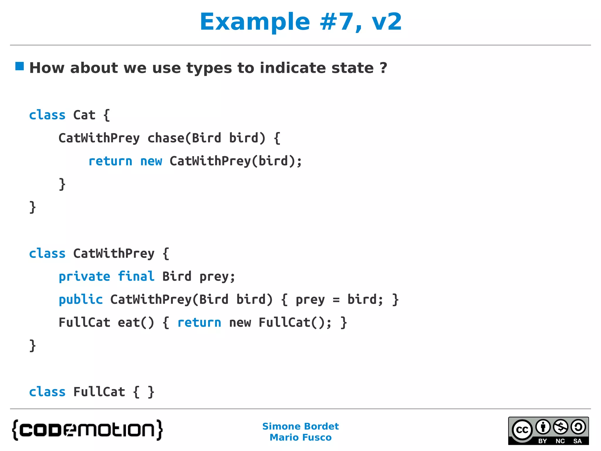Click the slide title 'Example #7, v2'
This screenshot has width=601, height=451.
[x=300, y=22]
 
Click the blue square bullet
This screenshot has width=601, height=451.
[x=20, y=66]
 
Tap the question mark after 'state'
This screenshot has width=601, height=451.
[x=383, y=68]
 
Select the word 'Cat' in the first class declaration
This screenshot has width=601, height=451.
[x=84, y=115]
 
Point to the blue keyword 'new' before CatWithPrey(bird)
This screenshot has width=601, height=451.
[x=151, y=161]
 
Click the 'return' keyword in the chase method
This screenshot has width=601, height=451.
[x=110, y=161]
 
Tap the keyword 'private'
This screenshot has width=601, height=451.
[x=85, y=277]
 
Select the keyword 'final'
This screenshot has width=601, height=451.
[x=136, y=277]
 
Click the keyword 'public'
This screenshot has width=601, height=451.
[x=81, y=300]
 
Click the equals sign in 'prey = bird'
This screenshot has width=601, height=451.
[x=336, y=300]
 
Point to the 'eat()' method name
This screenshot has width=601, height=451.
[x=136, y=323]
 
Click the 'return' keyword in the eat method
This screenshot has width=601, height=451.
[x=199, y=323]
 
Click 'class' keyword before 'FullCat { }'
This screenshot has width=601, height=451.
[x=47, y=392]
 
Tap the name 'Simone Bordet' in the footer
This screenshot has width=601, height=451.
[x=300, y=426]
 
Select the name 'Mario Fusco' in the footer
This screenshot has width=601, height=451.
[x=300, y=437]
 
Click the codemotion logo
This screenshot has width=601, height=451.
[x=87, y=430]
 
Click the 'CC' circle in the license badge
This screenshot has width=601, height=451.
[x=522, y=430]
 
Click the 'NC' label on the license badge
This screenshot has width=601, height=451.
[x=560, y=441]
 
